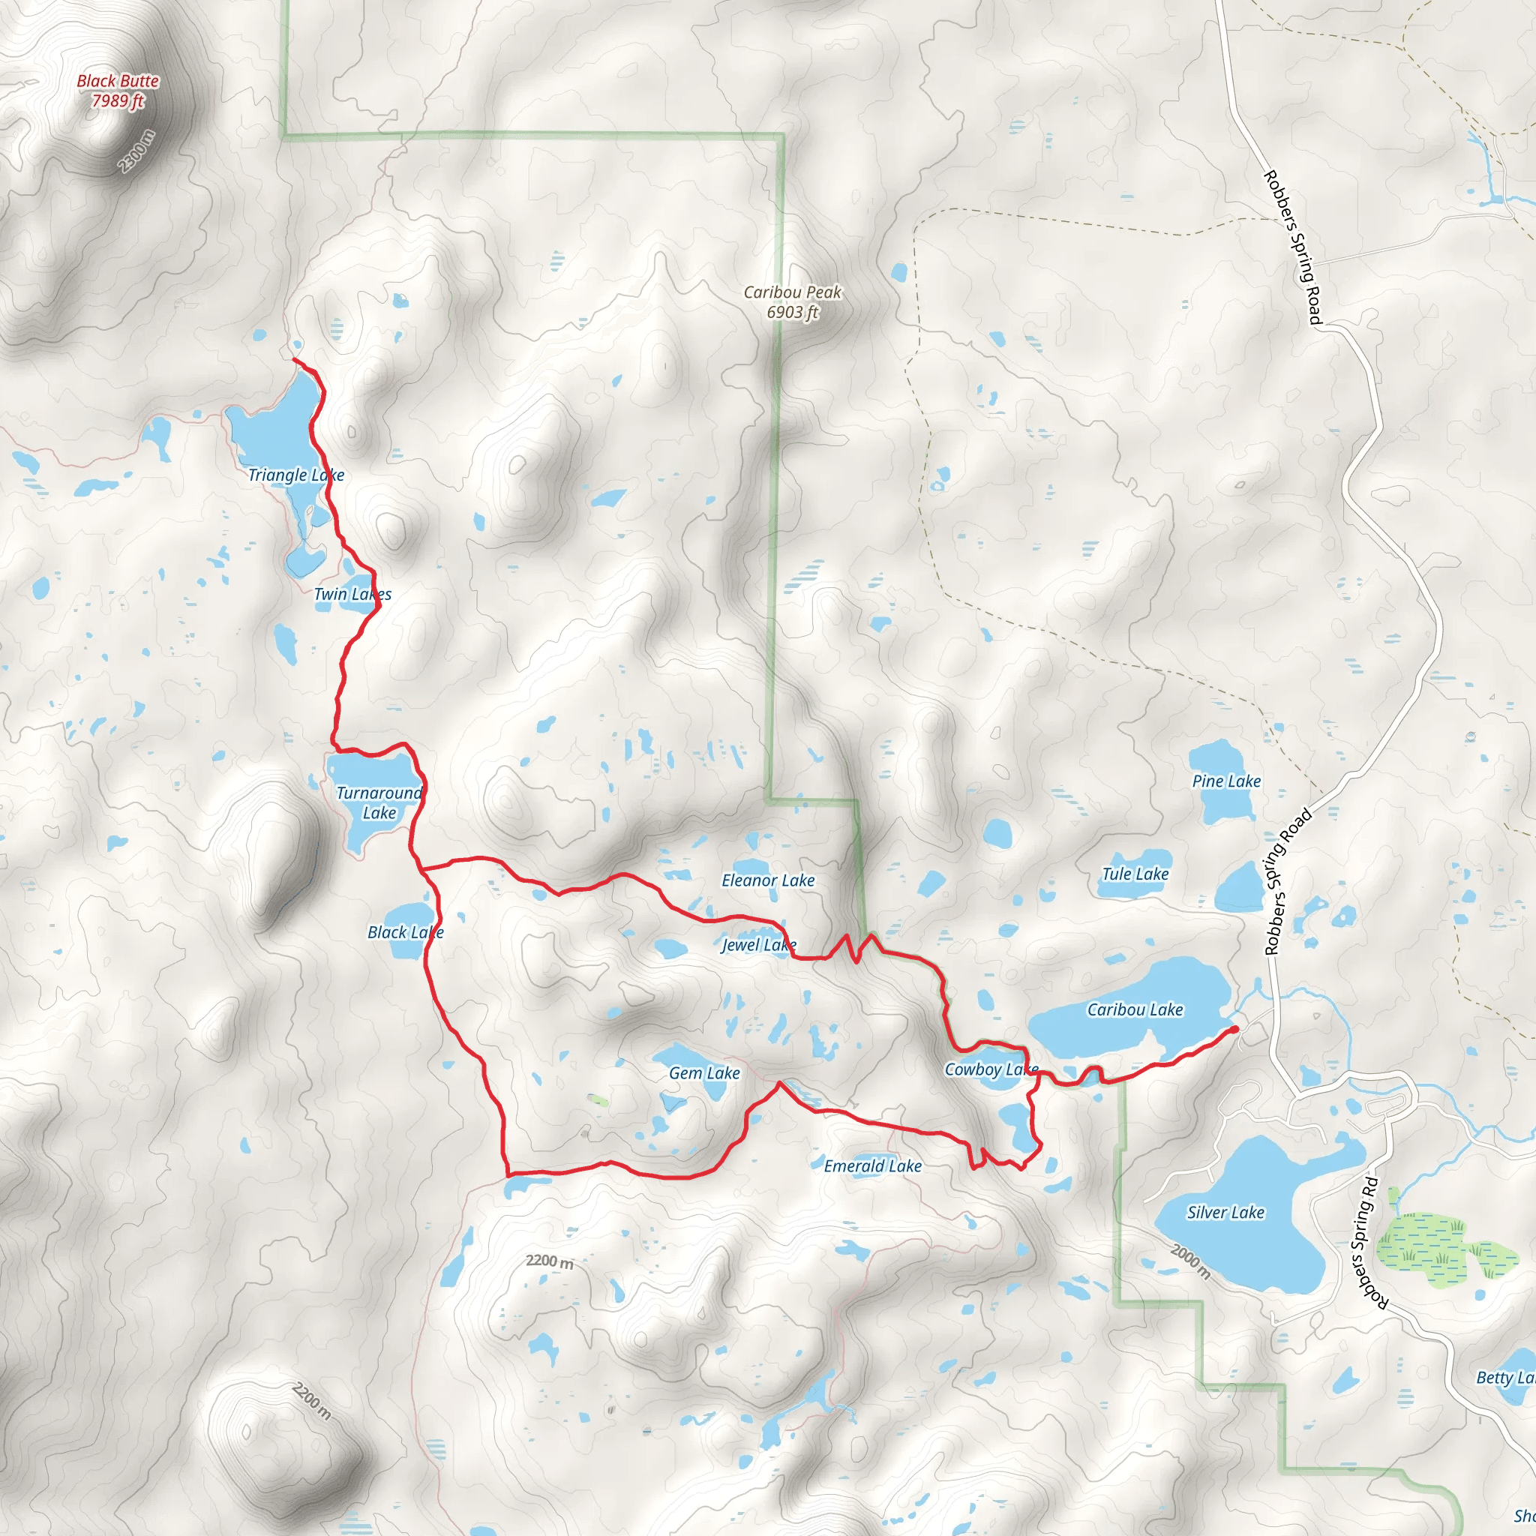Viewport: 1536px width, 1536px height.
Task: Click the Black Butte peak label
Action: pos(118,91)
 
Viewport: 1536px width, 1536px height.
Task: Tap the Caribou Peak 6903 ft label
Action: pos(792,302)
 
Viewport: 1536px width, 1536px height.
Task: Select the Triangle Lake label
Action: pos(295,475)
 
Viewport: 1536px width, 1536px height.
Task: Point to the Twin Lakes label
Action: pos(352,594)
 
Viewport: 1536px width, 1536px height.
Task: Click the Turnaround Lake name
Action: pos(379,802)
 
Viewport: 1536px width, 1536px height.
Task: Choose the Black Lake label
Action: pos(405,931)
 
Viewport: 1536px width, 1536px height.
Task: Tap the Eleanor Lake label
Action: pos(768,880)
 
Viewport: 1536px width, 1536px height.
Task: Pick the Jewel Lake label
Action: pos(758,944)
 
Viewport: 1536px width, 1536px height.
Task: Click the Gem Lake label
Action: pos(704,1072)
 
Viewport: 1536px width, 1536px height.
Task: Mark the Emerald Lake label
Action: pos(872,1165)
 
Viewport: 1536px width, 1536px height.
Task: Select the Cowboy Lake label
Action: pos(991,1069)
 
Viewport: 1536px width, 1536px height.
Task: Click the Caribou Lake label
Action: pos(1135,1009)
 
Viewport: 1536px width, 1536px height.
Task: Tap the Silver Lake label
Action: pos(1225,1213)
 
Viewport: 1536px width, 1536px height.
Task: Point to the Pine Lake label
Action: pos(1226,781)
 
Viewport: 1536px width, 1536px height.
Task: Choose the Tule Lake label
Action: pos(1135,874)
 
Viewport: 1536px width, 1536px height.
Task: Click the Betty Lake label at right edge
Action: pos(1504,1378)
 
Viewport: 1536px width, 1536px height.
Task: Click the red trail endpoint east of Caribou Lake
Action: pos(1234,1030)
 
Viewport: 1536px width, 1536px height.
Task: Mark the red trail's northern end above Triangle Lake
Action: pos(295,360)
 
